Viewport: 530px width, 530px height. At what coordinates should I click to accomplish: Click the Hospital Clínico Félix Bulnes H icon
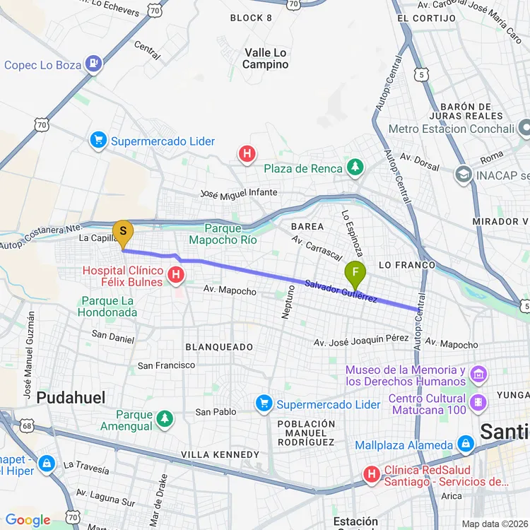coord(174,277)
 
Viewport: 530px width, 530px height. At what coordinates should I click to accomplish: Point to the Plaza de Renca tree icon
coord(355,168)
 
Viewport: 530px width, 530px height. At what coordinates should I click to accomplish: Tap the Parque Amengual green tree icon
coord(165,420)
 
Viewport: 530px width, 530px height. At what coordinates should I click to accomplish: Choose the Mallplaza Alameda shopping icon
coord(465,445)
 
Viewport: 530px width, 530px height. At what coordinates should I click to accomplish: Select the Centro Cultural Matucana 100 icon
coord(478,402)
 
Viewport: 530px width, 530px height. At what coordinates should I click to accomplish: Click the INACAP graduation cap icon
coord(464,174)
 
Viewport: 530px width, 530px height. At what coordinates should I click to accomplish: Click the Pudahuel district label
coord(71,398)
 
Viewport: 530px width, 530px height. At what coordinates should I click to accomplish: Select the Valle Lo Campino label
coord(266,59)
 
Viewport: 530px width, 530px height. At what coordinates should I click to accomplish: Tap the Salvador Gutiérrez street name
coord(341,292)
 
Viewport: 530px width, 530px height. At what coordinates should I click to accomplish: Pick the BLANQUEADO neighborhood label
coord(219,347)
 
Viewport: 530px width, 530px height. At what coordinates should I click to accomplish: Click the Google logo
coord(28,521)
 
